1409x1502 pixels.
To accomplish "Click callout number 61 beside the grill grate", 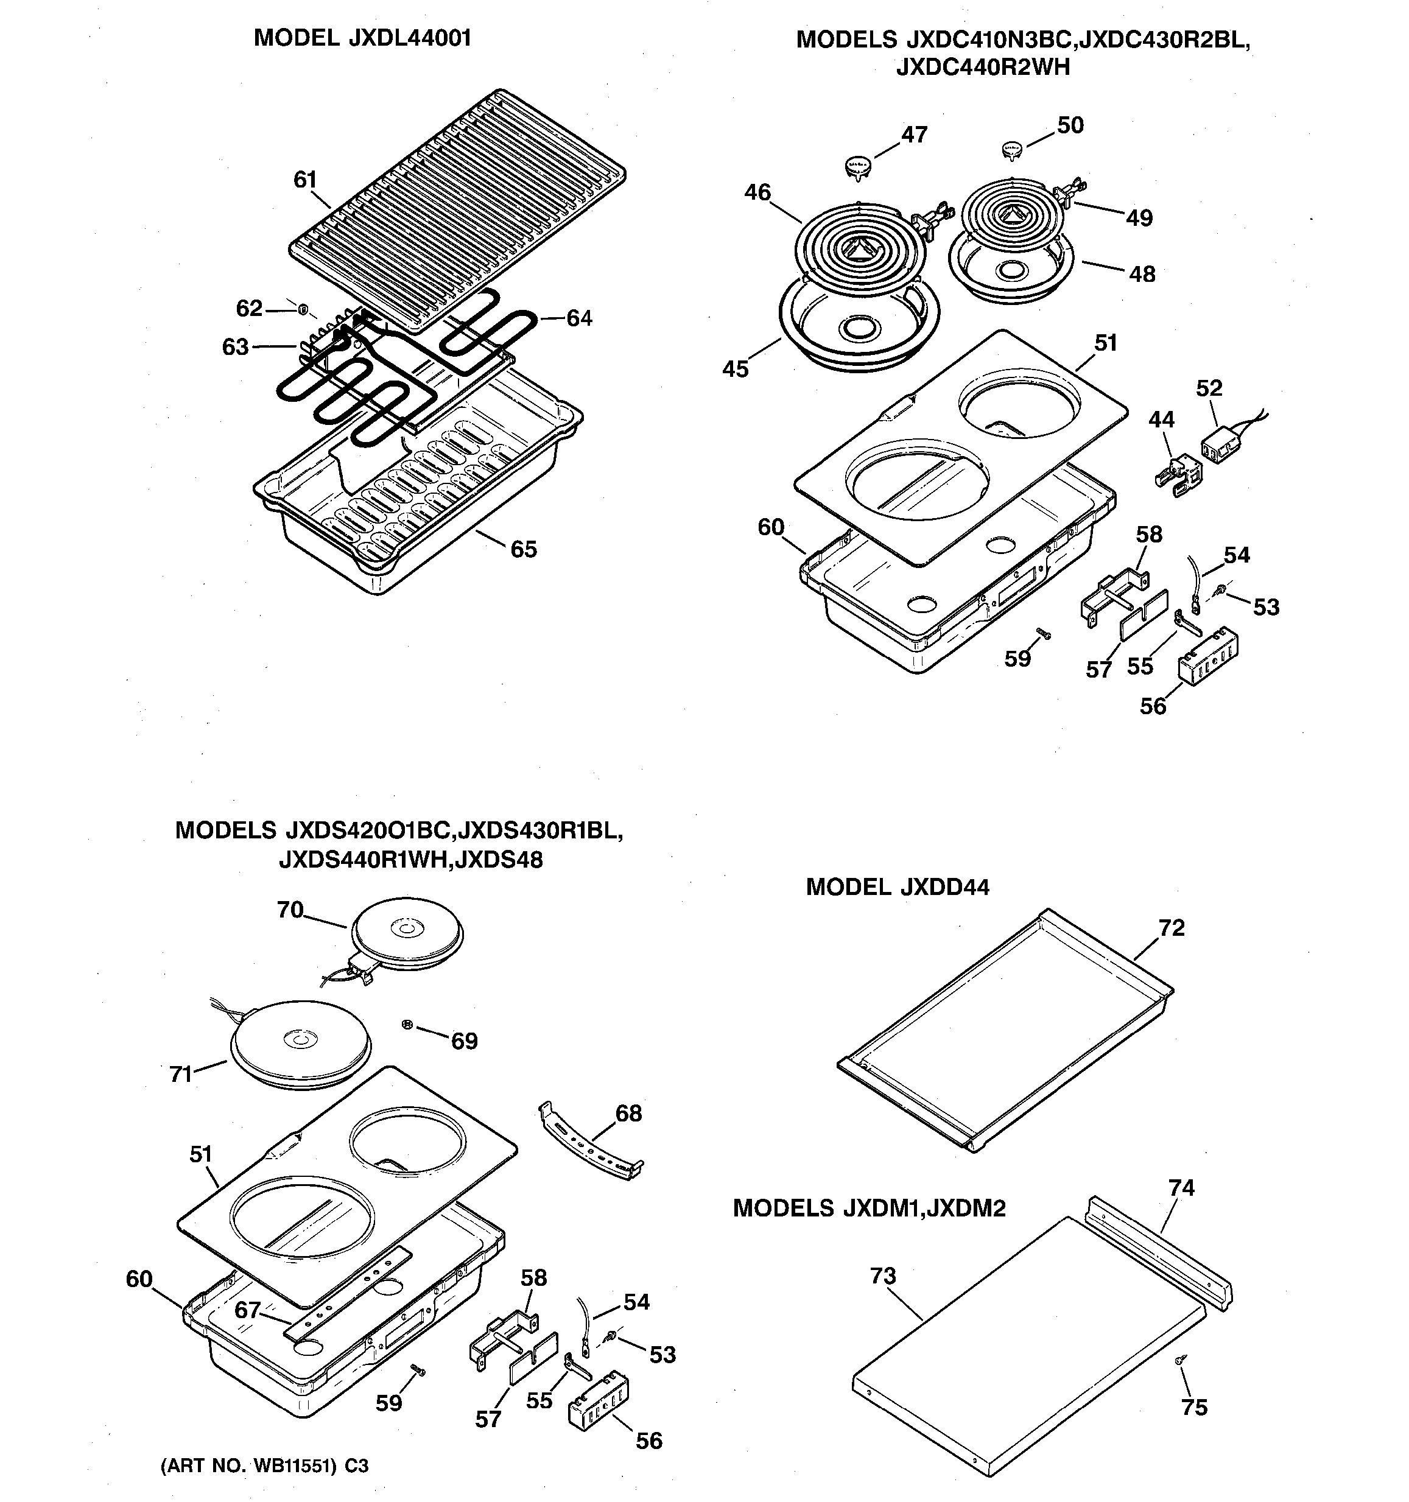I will [x=304, y=180].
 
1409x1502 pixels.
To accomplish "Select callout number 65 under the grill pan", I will [x=524, y=549].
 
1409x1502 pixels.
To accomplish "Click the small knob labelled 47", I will [x=857, y=166].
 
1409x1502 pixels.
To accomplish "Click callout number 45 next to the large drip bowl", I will [x=735, y=369].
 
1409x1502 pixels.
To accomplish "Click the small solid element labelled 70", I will [x=409, y=935].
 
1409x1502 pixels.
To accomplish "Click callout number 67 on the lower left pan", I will [x=248, y=1310].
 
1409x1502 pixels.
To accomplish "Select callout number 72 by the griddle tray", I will [x=1171, y=928].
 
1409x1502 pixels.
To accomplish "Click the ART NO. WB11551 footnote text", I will [x=264, y=1465].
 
